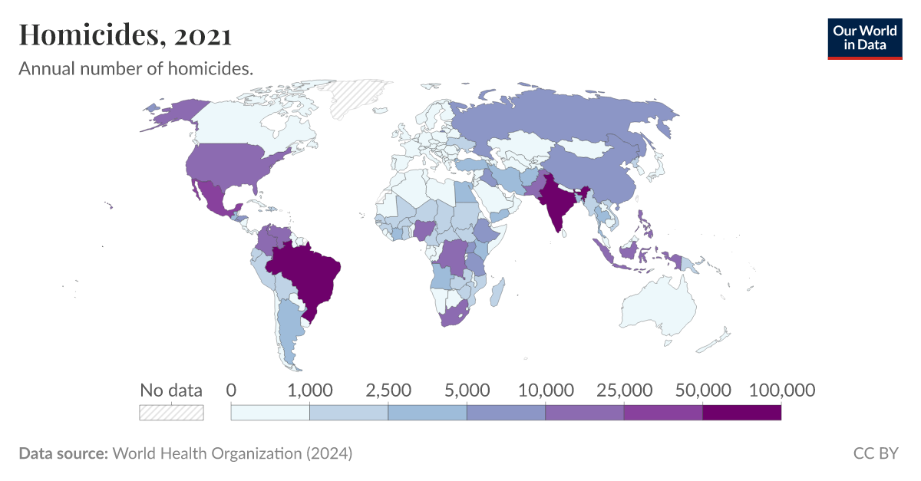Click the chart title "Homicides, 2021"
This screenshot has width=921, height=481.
point(125,35)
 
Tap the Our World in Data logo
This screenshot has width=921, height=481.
point(865,38)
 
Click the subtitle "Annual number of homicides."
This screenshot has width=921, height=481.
point(136,69)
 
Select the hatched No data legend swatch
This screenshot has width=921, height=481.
point(171,413)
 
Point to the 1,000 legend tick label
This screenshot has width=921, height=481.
point(309,390)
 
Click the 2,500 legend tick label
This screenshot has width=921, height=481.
point(388,390)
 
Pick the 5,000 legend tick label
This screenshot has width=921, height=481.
point(467,390)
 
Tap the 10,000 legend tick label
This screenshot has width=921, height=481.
point(545,390)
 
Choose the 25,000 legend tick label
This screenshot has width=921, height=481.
point(623,390)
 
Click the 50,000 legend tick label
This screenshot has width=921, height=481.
point(702,390)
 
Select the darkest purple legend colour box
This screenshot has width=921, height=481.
point(741,413)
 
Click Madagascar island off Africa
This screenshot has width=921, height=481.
point(497,292)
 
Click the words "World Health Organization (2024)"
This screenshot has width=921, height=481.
point(233,453)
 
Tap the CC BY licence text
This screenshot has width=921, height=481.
point(875,453)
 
